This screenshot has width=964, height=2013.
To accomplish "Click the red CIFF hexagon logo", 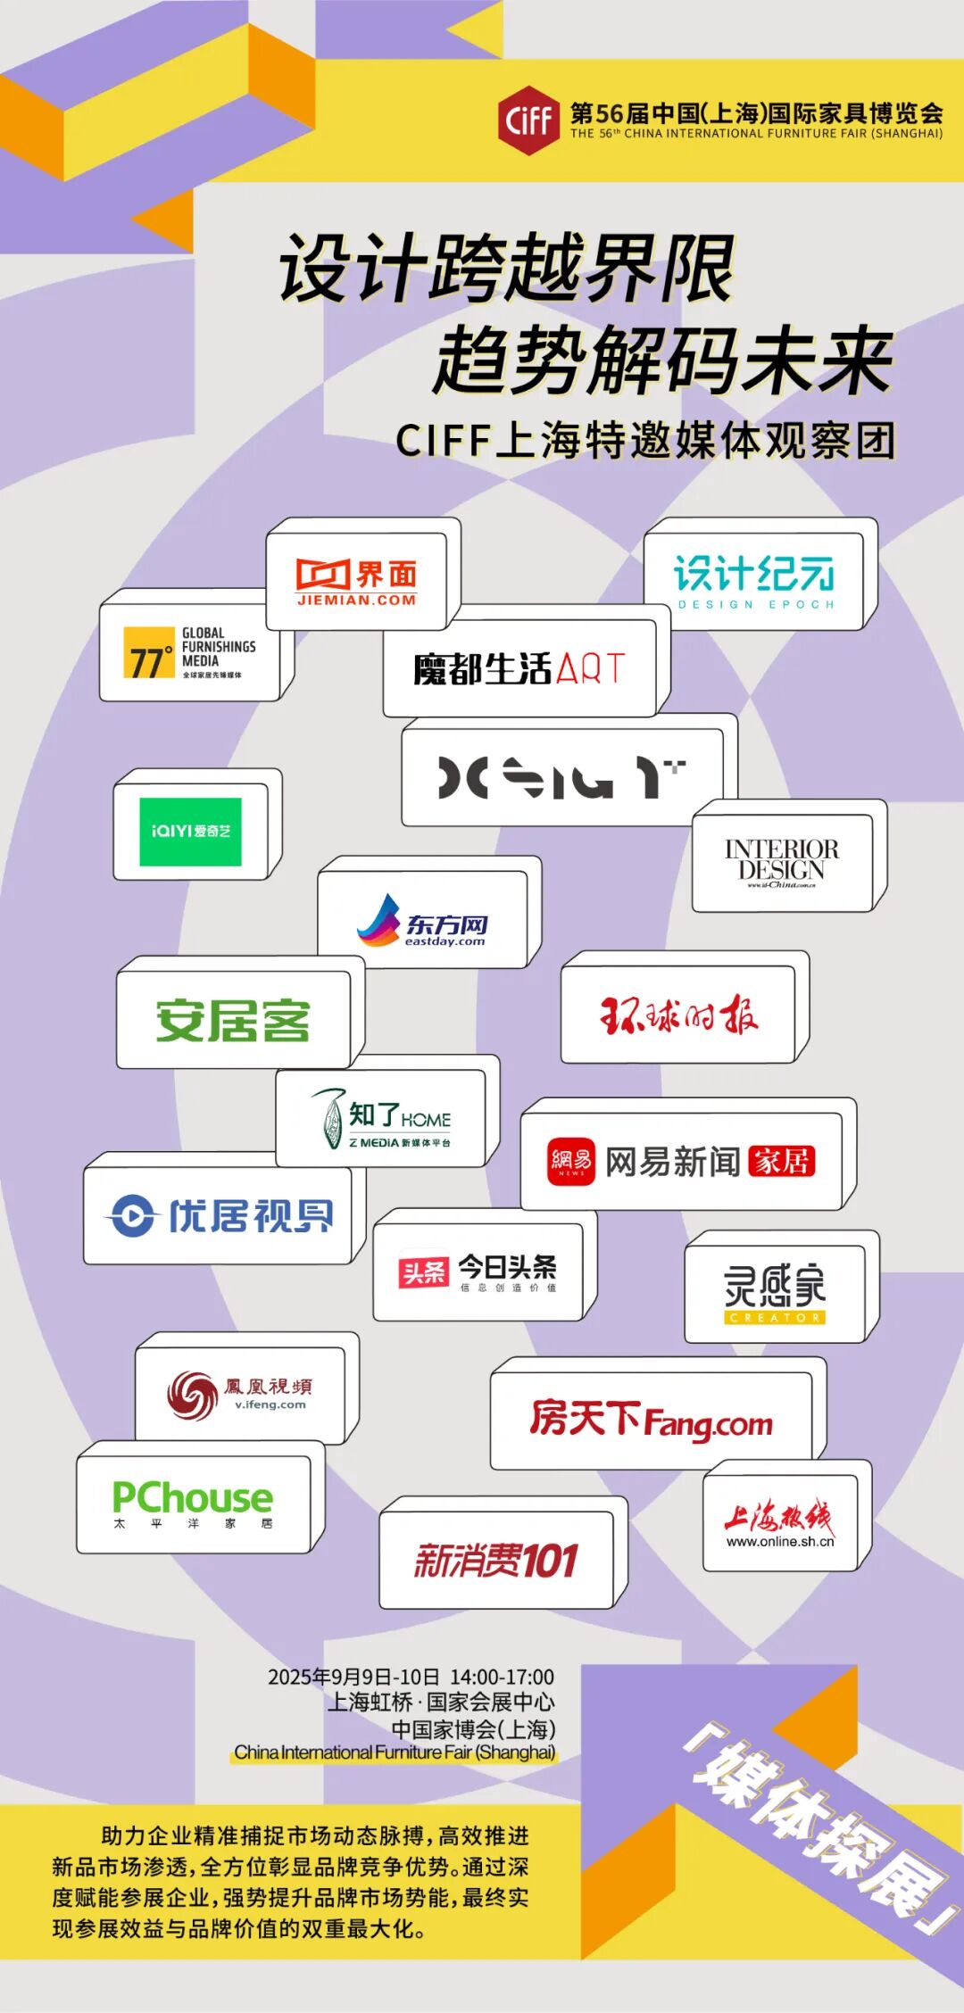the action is [528, 120].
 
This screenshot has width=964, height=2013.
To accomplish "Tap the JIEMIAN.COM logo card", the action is [357, 582].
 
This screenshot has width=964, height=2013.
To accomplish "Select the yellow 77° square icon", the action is [149, 653].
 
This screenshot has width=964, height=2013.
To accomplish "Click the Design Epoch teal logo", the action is [755, 582].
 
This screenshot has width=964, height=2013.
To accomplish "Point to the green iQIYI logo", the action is [190, 832].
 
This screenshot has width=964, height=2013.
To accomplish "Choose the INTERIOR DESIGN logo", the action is [782, 862].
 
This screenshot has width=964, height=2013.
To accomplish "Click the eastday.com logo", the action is [423, 921].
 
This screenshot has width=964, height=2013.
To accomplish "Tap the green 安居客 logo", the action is [233, 1020].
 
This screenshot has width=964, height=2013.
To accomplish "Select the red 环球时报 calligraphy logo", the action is [678, 1015].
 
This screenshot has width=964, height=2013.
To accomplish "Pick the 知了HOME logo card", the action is [382, 1119].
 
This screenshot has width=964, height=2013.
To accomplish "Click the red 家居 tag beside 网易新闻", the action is [781, 1161].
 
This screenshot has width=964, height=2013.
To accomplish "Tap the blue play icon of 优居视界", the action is [133, 1215].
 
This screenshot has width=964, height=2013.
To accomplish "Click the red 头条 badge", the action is [423, 1272].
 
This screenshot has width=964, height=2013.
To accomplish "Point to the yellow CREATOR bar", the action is [775, 1317].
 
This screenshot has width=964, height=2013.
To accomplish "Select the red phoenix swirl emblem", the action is [192, 1395].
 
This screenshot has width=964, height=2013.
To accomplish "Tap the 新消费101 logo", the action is [496, 1561].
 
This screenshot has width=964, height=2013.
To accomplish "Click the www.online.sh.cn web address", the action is [779, 1541].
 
